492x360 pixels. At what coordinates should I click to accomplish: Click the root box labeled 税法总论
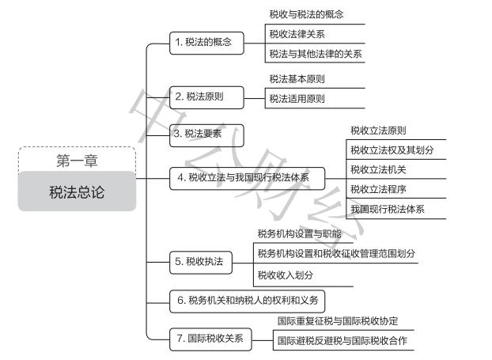click(x=77, y=192)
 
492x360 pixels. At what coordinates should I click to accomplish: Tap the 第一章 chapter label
click(x=77, y=161)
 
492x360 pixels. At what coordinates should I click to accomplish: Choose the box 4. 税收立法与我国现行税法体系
click(x=247, y=179)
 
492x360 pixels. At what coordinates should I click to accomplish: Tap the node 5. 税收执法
click(x=201, y=261)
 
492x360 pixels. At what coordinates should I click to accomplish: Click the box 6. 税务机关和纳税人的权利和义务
click(x=248, y=300)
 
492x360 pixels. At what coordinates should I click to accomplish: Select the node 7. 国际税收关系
click(x=210, y=339)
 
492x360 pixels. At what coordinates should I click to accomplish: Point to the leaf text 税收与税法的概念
click(x=306, y=14)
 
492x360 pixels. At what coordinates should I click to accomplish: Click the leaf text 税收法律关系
click(x=297, y=34)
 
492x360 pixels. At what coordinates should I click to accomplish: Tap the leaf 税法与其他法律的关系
click(x=316, y=54)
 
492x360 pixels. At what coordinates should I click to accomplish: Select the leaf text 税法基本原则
click(x=297, y=79)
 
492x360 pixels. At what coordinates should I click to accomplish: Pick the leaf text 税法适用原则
click(x=297, y=99)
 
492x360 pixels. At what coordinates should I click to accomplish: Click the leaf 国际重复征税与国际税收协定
click(x=337, y=321)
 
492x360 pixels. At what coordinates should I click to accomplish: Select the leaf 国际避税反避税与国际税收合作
click(x=342, y=341)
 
